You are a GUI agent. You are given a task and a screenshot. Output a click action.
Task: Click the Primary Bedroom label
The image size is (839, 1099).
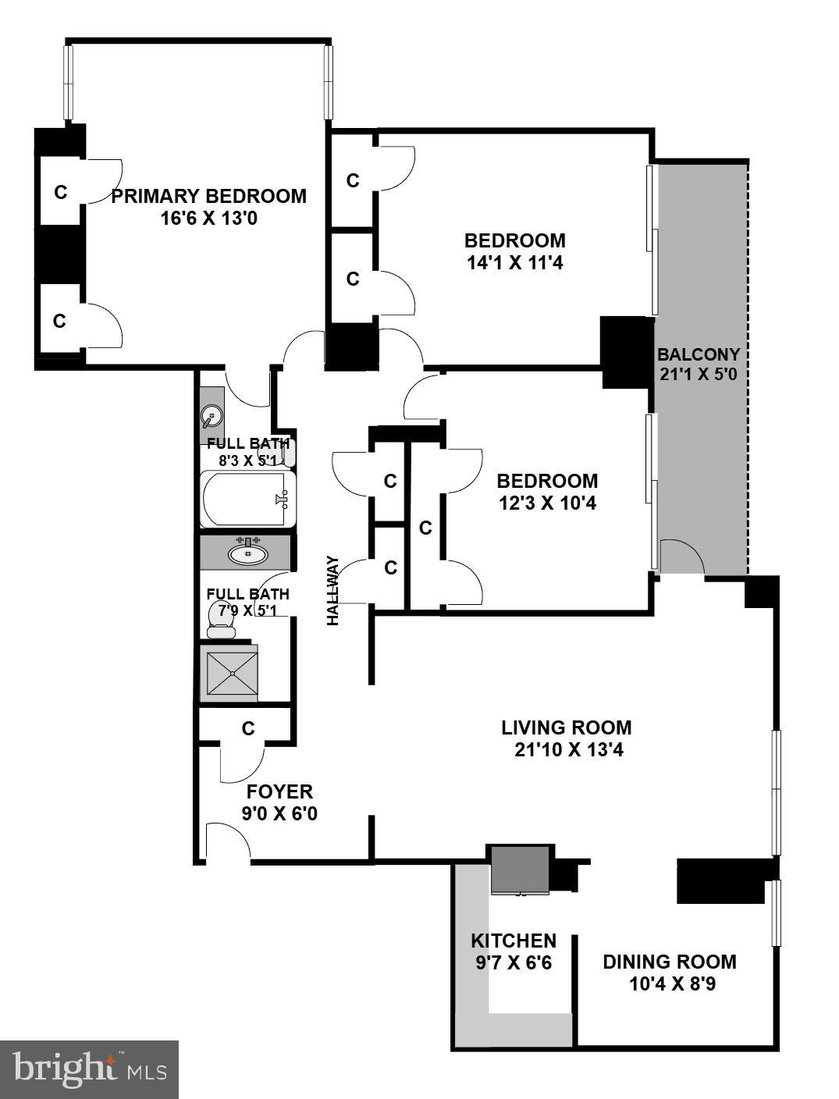coord(208,196)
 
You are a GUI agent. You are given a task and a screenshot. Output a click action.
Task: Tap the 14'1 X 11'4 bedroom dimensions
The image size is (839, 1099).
coord(514,263)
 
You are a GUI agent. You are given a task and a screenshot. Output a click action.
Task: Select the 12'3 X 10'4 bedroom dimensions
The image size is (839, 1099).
coord(547,503)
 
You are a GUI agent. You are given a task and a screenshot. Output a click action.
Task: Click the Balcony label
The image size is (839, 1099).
coord(698,354)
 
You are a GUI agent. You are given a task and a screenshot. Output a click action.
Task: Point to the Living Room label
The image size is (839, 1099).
coord(566,728)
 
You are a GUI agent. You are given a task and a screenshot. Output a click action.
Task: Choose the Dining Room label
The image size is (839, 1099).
coord(669,962)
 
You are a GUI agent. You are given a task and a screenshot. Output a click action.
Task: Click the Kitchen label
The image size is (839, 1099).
coord(514,941)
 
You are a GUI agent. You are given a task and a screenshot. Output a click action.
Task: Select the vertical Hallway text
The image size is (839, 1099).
coord(334,590)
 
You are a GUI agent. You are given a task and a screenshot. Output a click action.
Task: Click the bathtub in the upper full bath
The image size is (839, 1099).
coord(247,499)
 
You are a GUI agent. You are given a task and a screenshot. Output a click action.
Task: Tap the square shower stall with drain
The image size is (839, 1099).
coord(231,672)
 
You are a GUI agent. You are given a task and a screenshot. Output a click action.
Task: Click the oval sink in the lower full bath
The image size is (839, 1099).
coord(248,554)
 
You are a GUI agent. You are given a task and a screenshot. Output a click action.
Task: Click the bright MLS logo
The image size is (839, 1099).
coord(89,1069)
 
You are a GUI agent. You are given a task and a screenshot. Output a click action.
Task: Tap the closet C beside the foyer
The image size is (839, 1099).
coord(248,728)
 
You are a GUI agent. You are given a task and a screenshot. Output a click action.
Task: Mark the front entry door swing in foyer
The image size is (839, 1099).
coord(227,841)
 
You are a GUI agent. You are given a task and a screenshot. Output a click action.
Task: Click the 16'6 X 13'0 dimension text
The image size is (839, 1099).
coord(208,218)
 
